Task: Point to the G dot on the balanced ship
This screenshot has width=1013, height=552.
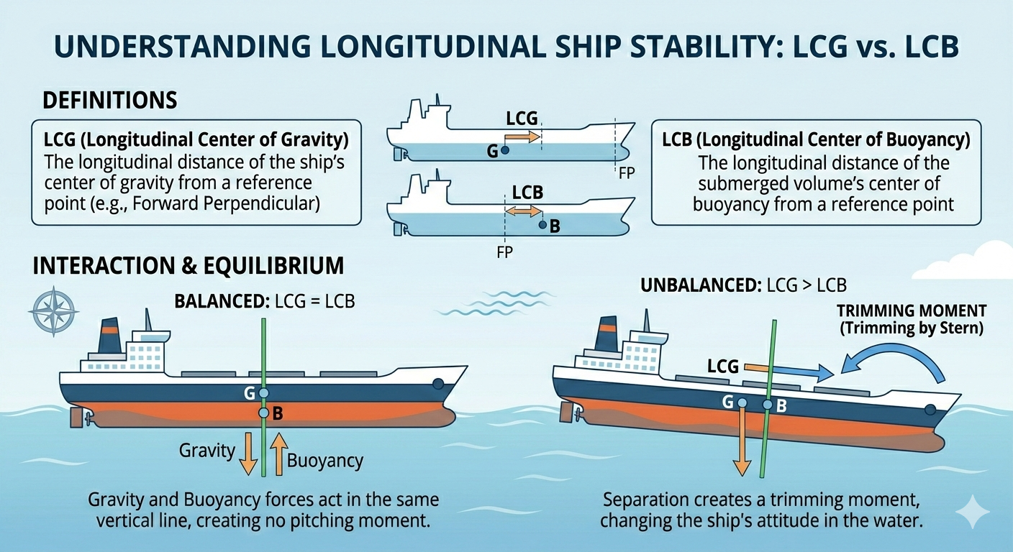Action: pyautogui.click(x=264, y=393)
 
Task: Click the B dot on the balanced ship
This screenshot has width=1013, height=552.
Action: pyautogui.click(x=264, y=413)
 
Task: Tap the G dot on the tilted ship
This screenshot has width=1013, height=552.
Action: pyautogui.click(x=741, y=401)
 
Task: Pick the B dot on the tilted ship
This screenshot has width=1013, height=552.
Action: pyautogui.click(x=768, y=405)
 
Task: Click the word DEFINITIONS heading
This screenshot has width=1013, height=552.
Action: pyautogui.click(x=110, y=100)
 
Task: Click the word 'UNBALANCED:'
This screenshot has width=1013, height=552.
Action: pyautogui.click(x=696, y=285)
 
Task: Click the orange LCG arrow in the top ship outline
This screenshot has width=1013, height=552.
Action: pyautogui.click(x=522, y=136)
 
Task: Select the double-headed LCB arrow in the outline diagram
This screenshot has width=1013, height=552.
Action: pyautogui.click(x=523, y=211)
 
